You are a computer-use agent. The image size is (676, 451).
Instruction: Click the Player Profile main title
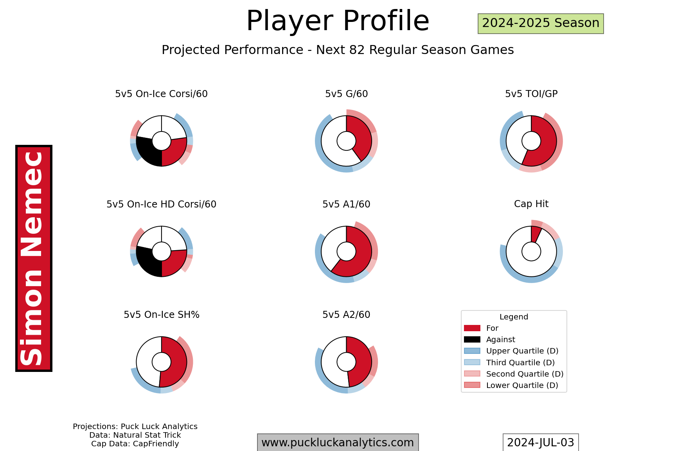click(338, 21)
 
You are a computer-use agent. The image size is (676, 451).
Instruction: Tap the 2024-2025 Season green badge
click(541, 23)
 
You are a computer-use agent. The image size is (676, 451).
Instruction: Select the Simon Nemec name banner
click(34, 258)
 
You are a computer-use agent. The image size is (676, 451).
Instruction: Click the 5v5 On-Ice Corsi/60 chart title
click(161, 94)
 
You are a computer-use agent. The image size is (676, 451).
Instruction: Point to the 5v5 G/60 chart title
click(346, 94)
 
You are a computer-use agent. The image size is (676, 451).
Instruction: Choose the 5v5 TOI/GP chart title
click(531, 94)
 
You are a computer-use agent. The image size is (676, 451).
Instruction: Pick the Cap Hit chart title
click(531, 204)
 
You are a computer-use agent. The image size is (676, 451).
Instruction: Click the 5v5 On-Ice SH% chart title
click(162, 315)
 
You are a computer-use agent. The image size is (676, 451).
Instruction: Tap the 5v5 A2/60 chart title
click(346, 315)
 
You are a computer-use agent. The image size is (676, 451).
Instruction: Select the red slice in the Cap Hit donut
click(536, 234)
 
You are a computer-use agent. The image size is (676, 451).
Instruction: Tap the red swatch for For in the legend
click(472, 328)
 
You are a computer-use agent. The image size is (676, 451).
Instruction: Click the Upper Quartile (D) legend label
click(522, 351)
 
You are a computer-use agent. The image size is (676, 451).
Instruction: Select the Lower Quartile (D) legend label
click(522, 385)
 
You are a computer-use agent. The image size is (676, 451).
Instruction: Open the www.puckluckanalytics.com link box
click(338, 442)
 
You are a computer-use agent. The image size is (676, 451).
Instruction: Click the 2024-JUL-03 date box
click(541, 442)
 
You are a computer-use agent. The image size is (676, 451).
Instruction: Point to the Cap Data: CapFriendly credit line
click(135, 444)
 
